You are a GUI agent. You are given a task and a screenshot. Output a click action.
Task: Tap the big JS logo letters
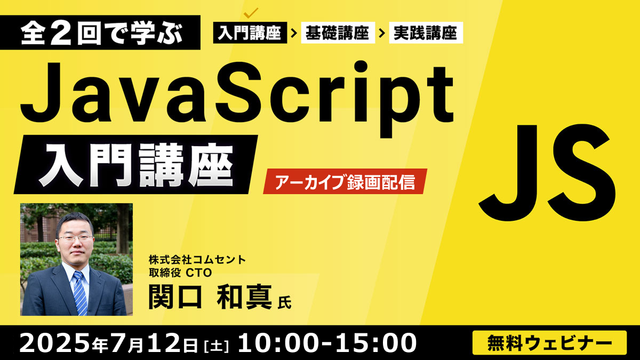[x=547, y=173]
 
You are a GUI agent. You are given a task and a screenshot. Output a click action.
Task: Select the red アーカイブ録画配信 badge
[x=345, y=182]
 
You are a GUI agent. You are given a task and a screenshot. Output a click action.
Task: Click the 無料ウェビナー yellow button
[x=550, y=342]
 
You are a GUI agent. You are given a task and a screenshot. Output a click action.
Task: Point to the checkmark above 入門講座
[x=251, y=13]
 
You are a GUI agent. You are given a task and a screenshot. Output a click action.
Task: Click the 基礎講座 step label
[x=338, y=33]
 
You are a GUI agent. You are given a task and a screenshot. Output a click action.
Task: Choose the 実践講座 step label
[x=426, y=33]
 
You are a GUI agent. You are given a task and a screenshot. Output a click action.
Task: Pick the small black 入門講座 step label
[x=250, y=33]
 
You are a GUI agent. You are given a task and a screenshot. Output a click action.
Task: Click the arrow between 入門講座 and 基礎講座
[x=294, y=33]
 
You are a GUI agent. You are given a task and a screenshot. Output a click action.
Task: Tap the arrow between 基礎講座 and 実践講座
[x=382, y=33]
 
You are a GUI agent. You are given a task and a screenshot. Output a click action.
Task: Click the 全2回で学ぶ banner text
[x=102, y=33]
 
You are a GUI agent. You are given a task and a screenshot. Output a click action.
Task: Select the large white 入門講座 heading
[x=136, y=165]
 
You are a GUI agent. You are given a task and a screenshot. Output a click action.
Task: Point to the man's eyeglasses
[x=75, y=237]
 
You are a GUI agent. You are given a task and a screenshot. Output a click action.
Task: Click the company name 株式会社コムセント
[x=197, y=260]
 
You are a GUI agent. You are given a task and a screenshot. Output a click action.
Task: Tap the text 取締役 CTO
[x=180, y=273]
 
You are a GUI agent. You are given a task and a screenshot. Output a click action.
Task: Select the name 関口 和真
[x=210, y=297]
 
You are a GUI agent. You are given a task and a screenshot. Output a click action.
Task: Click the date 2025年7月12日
[x=109, y=342]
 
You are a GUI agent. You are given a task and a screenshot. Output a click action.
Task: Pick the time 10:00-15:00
[x=327, y=342]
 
